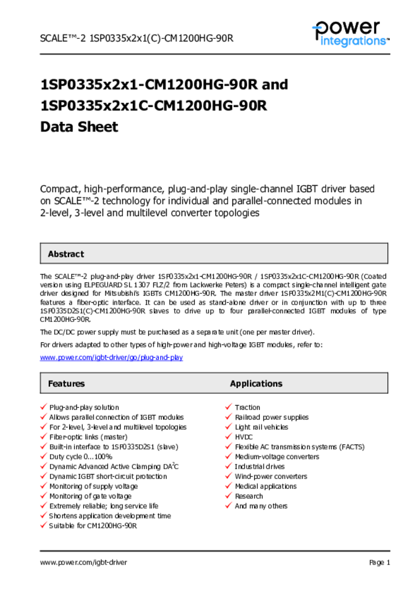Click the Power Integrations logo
(350, 34)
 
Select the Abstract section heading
(66, 254)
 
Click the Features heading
(66, 383)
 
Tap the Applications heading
(256, 383)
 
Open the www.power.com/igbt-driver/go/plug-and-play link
(111, 357)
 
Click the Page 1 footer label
(379, 562)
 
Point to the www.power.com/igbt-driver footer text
(84, 562)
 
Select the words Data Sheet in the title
(79, 127)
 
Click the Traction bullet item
(247, 408)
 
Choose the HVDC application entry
(244, 437)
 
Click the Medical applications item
(265, 486)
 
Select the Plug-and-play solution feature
(84, 408)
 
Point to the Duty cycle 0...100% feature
(80, 457)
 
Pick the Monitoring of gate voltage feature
(90, 496)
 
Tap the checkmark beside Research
(229, 496)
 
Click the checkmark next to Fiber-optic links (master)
(44, 437)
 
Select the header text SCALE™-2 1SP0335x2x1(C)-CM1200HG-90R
(136, 39)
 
